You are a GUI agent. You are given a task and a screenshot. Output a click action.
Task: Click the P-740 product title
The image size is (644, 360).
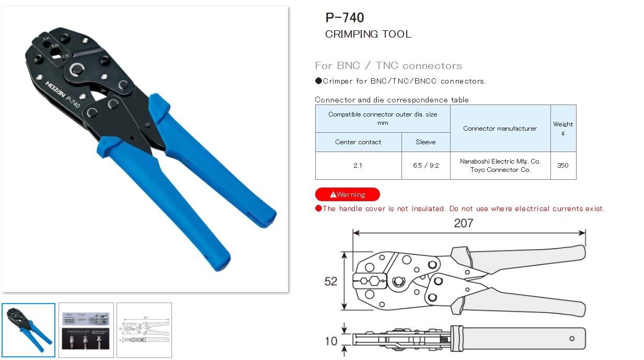(344, 18)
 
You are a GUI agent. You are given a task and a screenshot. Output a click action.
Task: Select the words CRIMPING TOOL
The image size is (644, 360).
(368, 34)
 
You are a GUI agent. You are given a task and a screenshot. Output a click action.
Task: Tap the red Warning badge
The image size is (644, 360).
(347, 194)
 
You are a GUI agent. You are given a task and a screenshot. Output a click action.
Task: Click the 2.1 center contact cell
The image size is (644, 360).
(358, 166)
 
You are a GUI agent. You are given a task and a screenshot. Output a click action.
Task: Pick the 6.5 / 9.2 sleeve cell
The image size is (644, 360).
(425, 166)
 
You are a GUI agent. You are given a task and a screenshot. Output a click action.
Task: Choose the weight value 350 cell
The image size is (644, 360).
(563, 166)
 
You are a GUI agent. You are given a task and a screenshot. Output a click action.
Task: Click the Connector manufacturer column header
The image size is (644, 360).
(500, 129)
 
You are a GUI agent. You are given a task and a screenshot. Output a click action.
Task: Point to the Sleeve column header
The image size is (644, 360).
(425, 142)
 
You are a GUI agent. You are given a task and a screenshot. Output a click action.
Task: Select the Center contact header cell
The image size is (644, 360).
(358, 142)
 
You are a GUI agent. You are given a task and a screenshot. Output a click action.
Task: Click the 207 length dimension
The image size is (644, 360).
(463, 223)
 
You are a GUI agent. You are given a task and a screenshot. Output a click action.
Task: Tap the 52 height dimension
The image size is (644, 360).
(331, 282)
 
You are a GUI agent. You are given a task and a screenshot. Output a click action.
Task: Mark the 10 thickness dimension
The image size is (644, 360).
(331, 341)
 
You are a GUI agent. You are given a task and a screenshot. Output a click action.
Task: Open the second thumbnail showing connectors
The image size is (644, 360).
(86, 330)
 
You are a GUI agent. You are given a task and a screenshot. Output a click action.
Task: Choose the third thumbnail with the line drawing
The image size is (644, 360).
(144, 330)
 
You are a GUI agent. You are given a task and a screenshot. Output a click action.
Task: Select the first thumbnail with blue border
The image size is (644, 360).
(29, 330)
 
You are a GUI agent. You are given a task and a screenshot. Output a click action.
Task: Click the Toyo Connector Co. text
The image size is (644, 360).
(500, 170)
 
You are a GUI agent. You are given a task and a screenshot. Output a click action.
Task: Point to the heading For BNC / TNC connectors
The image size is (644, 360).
(388, 66)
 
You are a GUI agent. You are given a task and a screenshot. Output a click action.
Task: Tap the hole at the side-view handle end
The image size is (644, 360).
(572, 338)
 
